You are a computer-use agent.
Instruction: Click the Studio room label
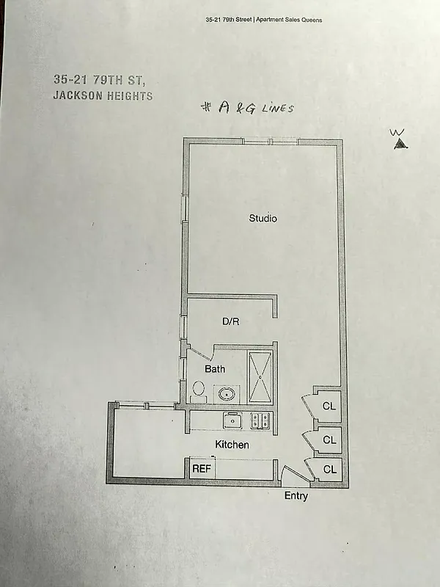pyautogui.click(x=263, y=218)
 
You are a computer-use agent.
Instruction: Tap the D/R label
pyautogui.click(x=231, y=321)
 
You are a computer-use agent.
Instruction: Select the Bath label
pyautogui.click(x=214, y=369)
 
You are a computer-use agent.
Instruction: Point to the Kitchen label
pyautogui.click(x=232, y=445)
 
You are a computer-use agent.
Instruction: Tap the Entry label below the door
pyautogui.click(x=296, y=497)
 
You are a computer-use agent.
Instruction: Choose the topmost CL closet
pyautogui.click(x=329, y=405)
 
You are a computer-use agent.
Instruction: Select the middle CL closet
pyautogui.click(x=329, y=440)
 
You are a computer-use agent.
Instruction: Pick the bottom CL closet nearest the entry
pyautogui.click(x=329, y=470)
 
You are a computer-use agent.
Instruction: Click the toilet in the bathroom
pyautogui.click(x=198, y=388)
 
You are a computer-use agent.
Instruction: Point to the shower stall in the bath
pyautogui.click(x=260, y=376)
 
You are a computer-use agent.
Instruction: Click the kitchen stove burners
pyautogui.click(x=260, y=420)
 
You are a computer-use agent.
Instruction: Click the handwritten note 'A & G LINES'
pyautogui.click(x=249, y=108)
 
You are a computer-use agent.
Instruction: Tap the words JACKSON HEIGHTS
pyautogui.click(x=103, y=96)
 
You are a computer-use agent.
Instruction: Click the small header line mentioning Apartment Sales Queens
pyautogui.click(x=264, y=21)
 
